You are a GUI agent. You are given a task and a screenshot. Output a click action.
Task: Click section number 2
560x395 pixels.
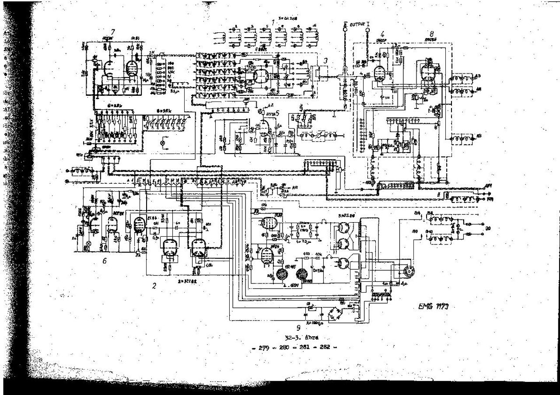click(x=154, y=286)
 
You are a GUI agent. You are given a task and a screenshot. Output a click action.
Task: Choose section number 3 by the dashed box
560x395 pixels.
click(x=325, y=60)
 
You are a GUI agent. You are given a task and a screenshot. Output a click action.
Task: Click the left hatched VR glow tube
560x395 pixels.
click(x=282, y=275)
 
